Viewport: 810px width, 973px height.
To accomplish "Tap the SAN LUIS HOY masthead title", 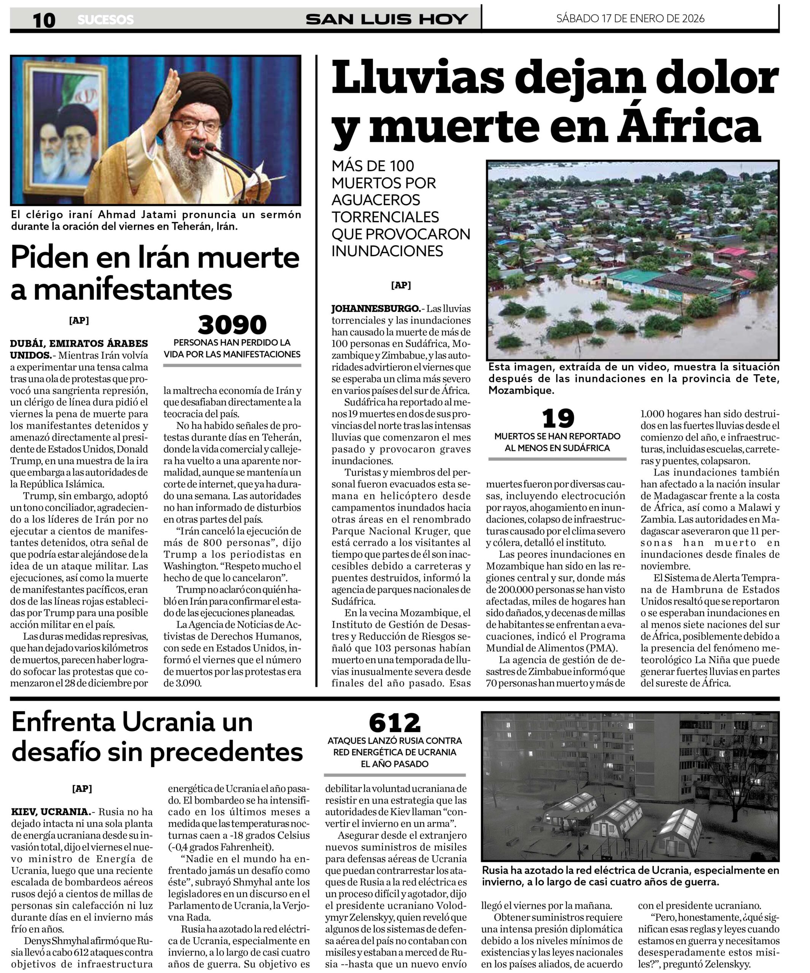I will pyautogui.click(x=386, y=19).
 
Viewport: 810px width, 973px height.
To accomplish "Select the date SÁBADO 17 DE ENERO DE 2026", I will pyautogui.click(x=630, y=19).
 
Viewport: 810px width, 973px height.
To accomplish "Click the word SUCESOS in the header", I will pyautogui.click(x=106, y=20).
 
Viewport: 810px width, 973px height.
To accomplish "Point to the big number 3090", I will pyautogui.click(x=232, y=325).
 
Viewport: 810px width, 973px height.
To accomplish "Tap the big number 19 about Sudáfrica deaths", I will pyautogui.click(x=558, y=418).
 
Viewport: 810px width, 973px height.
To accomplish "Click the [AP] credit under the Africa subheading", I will pyautogui.click(x=401, y=285).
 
